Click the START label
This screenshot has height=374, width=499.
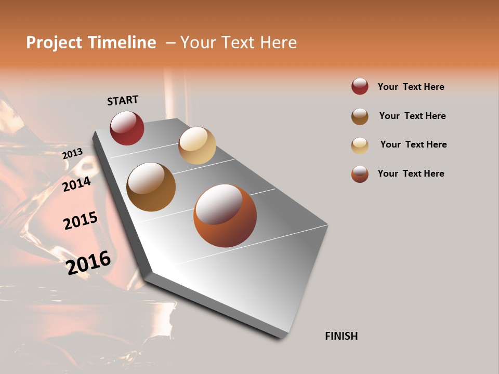(x=123, y=100)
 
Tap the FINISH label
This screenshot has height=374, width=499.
(x=341, y=336)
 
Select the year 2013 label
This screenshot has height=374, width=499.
(x=72, y=153)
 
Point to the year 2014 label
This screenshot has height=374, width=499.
(x=76, y=184)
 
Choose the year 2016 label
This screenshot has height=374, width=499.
(x=88, y=262)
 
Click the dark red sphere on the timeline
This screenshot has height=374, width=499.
(x=127, y=128)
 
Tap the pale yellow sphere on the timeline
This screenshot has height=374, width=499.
(x=197, y=145)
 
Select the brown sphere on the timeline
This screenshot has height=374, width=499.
(x=151, y=187)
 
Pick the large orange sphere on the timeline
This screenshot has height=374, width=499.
(x=225, y=216)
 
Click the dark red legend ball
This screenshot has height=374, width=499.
(x=360, y=86)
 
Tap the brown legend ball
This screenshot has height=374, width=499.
(x=360, y=116)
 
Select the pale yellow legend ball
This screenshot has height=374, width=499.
(x=360, y=145)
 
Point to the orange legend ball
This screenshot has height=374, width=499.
(x=360, y=173)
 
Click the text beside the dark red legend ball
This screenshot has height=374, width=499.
(x=411, y=87)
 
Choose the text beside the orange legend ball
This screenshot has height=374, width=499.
(x=411, y=173)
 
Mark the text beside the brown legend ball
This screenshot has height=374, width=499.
(x=412, y=116)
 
